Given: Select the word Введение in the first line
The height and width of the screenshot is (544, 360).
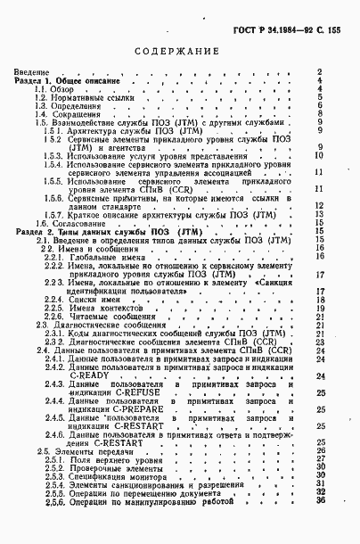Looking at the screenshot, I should [x=30, y=72].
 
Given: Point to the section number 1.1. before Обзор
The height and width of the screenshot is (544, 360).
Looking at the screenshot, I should [x=40, y=90].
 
